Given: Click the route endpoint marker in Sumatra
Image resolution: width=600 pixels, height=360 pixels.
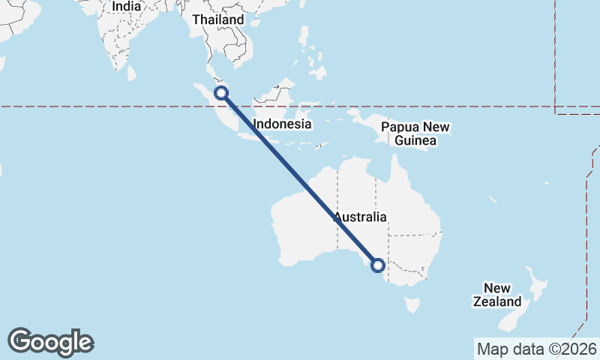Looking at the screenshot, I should point(221,93).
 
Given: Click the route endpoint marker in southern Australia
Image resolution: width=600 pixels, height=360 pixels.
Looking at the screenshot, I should point(378,265).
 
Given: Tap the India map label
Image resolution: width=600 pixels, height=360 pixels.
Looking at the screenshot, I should point(126,7).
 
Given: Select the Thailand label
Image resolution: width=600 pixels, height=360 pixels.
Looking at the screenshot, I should point(217,19).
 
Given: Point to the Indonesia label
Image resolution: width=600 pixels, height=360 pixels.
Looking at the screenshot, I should point(282,124).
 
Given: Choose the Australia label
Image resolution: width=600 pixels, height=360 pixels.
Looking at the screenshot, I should point(361,217).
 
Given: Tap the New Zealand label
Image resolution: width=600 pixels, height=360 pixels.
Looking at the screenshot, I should point(497,295).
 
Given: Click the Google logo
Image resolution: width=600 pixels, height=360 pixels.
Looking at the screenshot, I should point(51,342).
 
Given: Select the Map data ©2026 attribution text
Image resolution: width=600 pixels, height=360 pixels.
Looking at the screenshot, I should point(537,349).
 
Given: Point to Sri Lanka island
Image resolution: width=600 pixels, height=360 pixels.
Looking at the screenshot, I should point(133,73).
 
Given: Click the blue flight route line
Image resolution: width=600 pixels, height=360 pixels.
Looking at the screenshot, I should point(300,179).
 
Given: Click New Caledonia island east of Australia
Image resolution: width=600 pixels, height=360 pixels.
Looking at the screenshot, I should point(492,199).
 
